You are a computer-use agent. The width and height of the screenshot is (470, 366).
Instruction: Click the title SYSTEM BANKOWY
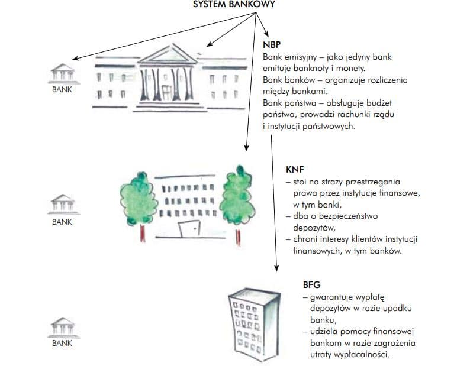[234, 4]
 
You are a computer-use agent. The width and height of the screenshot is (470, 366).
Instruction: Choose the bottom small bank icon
[62, 326]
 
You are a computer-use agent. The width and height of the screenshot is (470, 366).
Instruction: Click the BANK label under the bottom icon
[62, 343]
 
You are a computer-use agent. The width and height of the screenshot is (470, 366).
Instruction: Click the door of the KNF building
[189, 230]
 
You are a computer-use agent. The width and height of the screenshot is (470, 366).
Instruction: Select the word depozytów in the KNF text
[314, 228]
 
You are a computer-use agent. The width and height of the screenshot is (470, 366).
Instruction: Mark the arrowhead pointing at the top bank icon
[73, 59]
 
